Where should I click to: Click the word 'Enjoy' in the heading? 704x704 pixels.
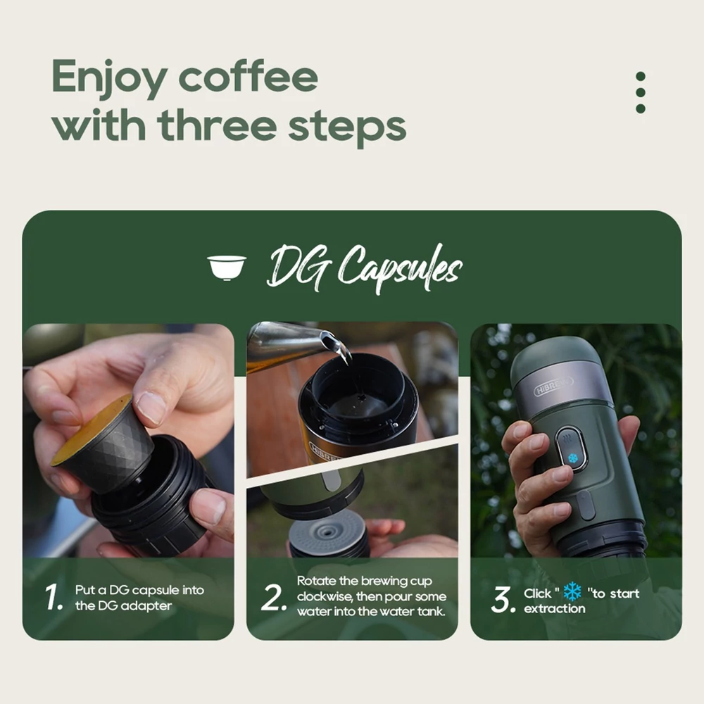(x=109, y=78)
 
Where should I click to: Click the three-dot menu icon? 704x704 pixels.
(x=641, y=92)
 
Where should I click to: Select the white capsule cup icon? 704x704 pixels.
(x=227, y=268)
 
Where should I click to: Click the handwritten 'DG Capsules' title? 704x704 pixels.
(x=364, y=269)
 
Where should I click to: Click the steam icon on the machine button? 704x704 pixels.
(x=568, y=437)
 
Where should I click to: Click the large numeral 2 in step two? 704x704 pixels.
(x=273, y=598)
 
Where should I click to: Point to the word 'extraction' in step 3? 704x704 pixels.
(x=555, y=609)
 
